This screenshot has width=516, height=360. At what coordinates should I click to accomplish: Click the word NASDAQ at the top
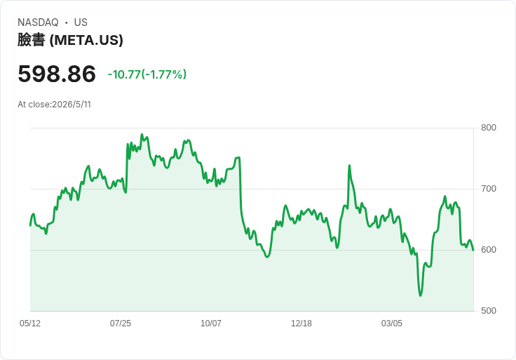point(38,22)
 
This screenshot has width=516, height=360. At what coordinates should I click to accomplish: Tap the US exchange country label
point(81,22)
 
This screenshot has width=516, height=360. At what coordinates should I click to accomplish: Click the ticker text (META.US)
point(86,40)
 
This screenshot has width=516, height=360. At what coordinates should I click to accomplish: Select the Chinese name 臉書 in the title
point(32,40)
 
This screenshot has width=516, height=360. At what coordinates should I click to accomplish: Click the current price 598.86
point(57,74)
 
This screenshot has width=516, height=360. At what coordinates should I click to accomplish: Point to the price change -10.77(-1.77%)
point(147,74)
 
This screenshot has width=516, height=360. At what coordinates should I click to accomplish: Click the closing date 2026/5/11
point(72,105)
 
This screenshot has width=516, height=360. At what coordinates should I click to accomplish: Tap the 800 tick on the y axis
point(489,128)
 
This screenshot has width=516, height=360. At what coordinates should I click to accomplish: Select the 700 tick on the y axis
point(489,189)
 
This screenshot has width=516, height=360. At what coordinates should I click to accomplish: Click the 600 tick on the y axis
point(489,250)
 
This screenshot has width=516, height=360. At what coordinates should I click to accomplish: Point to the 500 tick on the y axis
point(489,311)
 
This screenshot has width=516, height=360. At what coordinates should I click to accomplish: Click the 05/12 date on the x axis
point(30,324)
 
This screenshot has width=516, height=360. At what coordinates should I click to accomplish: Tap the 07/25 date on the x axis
point(121,324)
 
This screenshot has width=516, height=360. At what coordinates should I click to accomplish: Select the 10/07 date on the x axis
point(211,324)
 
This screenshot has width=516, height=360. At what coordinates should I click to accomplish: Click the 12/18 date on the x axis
point(301,324)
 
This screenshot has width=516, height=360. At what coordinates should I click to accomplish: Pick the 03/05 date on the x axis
point(392,324)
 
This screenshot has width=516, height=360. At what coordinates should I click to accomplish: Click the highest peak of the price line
point(142,134)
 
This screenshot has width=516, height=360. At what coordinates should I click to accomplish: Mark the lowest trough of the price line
point(420,295)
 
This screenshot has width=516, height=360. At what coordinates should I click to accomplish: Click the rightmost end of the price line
point(473,251)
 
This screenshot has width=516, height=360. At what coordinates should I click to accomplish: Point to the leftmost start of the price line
point(30,226)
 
